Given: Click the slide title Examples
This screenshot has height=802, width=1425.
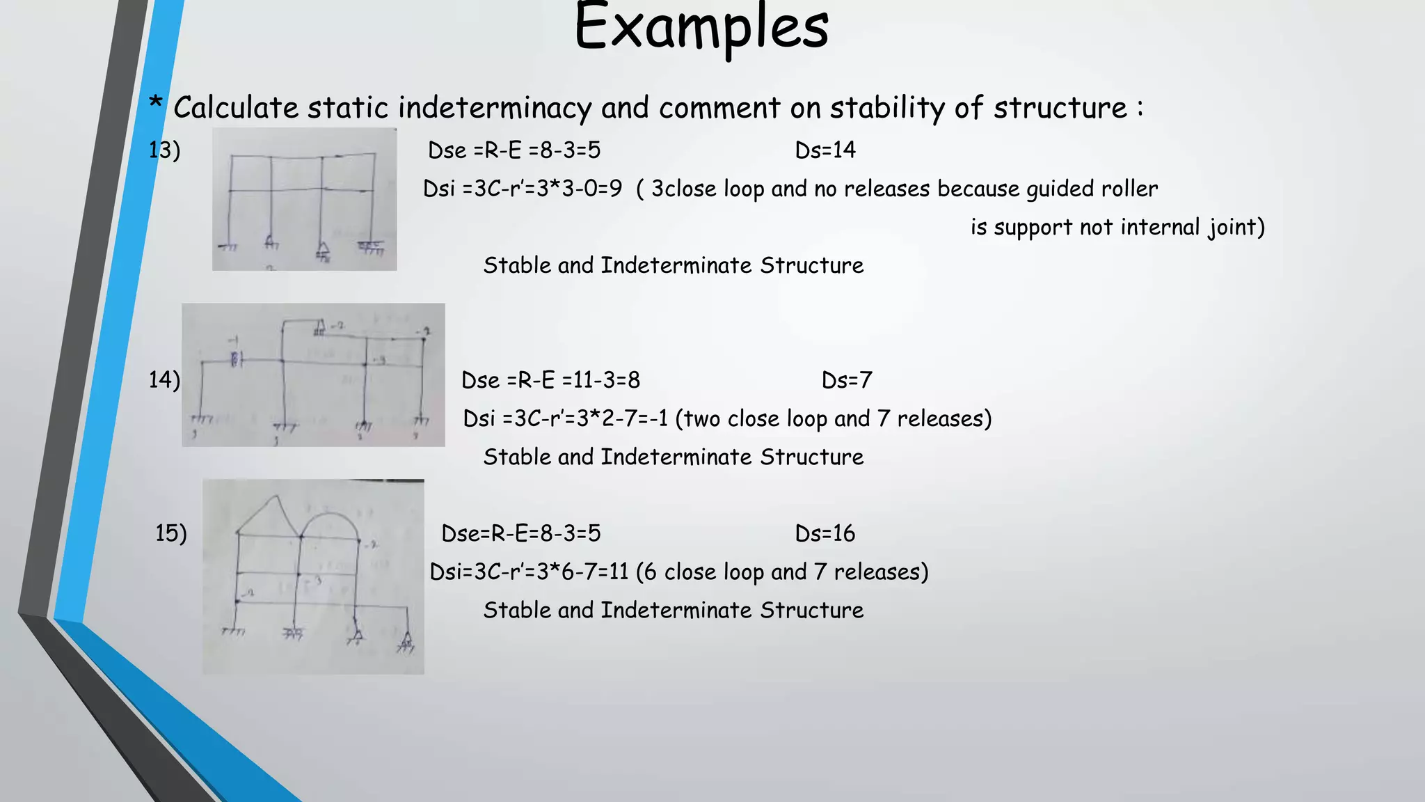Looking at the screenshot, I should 701,28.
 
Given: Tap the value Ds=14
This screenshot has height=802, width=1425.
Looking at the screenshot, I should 825,150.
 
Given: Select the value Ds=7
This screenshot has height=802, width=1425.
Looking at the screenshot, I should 846,380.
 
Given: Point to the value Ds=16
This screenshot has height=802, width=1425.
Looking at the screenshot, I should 825,533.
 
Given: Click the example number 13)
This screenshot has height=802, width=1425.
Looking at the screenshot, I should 164,150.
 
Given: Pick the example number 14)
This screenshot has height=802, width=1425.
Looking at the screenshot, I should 164,380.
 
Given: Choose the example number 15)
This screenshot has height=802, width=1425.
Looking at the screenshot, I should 171,533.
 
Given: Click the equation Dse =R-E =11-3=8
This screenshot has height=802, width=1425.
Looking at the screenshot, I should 550,380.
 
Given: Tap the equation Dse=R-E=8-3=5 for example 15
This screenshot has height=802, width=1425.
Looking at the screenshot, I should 520,533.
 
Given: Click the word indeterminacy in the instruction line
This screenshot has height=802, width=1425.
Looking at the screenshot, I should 495,109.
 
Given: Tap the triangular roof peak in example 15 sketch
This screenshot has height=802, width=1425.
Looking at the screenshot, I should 276,498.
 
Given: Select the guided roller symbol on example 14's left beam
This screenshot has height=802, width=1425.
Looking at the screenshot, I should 235,359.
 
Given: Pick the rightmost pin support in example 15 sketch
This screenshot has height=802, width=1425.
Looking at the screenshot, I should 406,641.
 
